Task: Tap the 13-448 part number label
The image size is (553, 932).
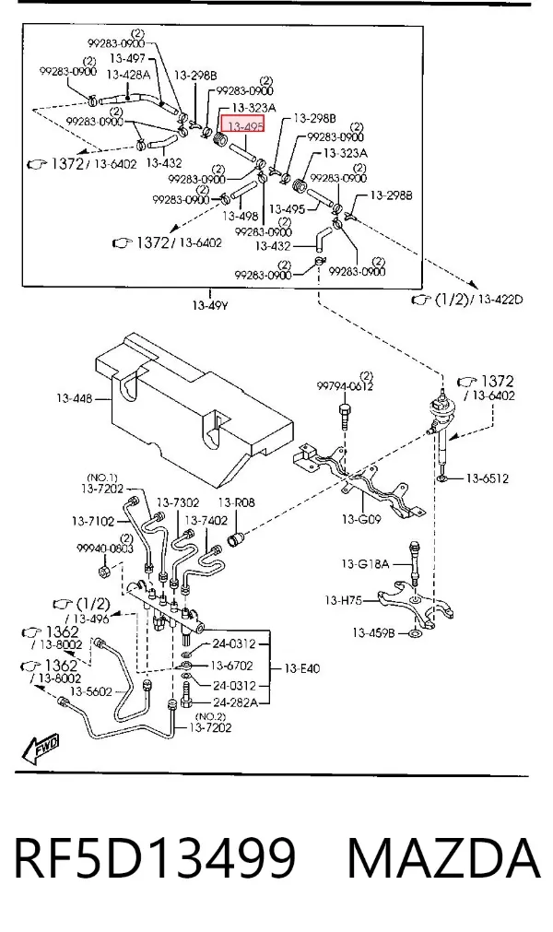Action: click(x=75, y=398)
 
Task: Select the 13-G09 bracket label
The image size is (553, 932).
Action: click(x=361, y=519)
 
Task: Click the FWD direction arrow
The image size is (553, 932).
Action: click(x=41, y=749)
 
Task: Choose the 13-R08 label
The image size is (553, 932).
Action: click(x=236, y=502)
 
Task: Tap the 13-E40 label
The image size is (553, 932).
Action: click(x=301, y=668)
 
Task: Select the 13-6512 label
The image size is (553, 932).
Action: click(x=487, y=478)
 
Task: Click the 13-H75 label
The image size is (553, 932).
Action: click(x=344, y=600)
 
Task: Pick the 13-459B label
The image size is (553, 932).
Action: click(x=373, y=633)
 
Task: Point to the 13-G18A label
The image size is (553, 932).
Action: click(x=365, y=563)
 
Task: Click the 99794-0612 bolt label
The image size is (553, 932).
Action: click(x=345, y=386)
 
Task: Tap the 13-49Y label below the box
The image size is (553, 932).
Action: click(x=210, y=306)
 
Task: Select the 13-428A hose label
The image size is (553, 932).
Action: click(x=128, y=75)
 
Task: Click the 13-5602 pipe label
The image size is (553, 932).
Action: click(x=91, y=691)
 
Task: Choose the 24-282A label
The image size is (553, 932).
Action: click(x=235, y=702)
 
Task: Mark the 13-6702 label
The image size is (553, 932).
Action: click(x=231, y=666)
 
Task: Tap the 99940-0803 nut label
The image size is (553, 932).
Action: click(x=104, y=549)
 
